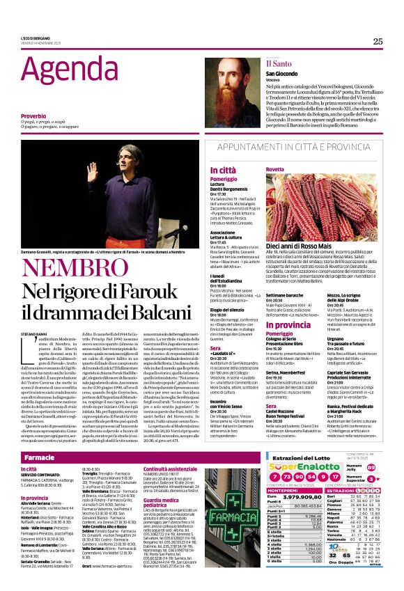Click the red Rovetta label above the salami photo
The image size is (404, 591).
[x=255, y=169]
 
